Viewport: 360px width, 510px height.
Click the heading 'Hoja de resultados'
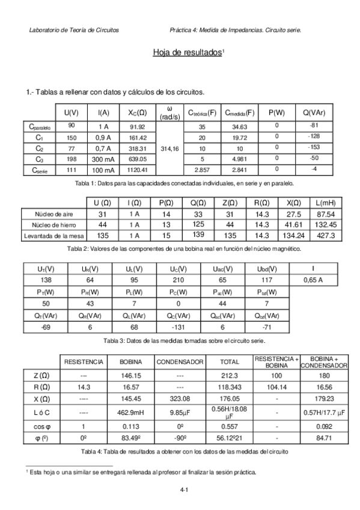click(x=188, y=53)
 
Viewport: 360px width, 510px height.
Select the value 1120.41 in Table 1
click(x=138, y=170)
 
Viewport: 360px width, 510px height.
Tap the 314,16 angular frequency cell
click(x=171, y=148)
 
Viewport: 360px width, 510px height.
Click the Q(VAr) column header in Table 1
click(x=314, y=112)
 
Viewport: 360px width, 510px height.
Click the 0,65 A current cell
click(x=313, y=280)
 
